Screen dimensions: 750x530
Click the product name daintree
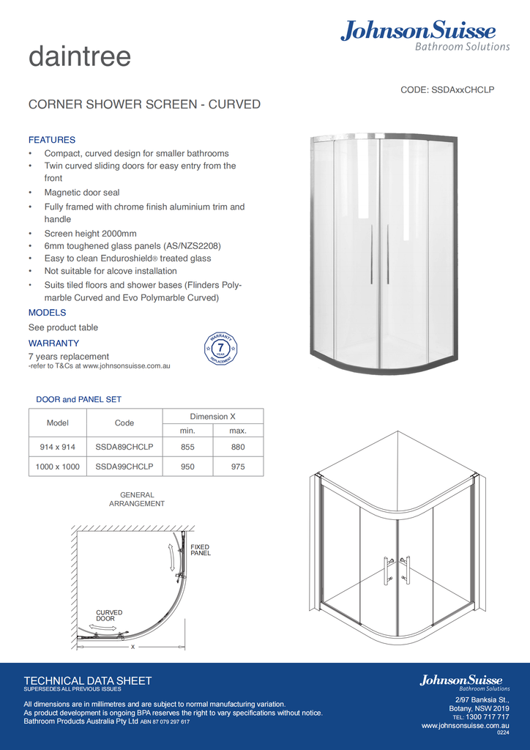pos(80,57)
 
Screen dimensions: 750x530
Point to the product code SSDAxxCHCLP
pos(447,89)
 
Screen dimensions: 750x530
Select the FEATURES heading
pos(52,140)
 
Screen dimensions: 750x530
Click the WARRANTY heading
pos(53,343)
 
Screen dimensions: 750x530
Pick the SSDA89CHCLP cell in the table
pos(124,447)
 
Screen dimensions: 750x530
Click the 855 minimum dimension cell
pos(187,447)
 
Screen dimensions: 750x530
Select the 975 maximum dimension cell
pos(238,467)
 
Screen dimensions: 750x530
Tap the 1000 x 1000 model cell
pos(58,467)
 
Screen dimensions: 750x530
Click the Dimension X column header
pos(212,416)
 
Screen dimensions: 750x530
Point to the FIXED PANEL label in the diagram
pos(200,550)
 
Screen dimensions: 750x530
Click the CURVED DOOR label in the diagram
pos(109,615)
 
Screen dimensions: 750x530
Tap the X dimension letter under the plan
pos(132,647)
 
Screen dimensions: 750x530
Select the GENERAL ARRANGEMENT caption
pos(137,500)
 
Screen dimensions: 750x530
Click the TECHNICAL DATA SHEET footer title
pos(88,680)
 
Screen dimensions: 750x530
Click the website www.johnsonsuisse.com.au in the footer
pos(466,726)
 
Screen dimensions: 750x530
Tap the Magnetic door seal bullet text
pos(82,193)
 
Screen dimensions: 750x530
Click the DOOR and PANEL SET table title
pos(79,399)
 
